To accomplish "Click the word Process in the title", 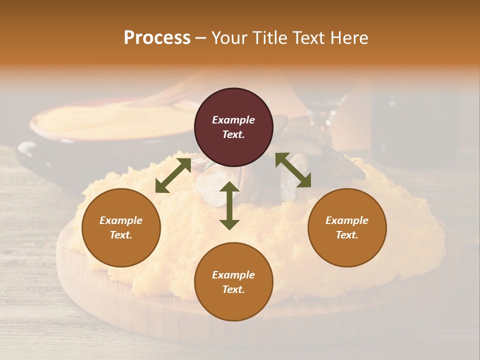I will click(157, 38).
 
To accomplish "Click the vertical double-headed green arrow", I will click(229, 205).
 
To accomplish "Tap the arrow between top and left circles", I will click(173, 175).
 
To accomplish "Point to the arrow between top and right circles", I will click(293, 170).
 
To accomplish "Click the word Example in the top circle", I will click(233, 120).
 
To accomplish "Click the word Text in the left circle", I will click(121, 235).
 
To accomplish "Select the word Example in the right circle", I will click(347, 220).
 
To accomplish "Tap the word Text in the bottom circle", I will click(233, 290).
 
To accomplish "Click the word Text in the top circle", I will click(233, 135).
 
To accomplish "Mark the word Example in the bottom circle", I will click(233, 275).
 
